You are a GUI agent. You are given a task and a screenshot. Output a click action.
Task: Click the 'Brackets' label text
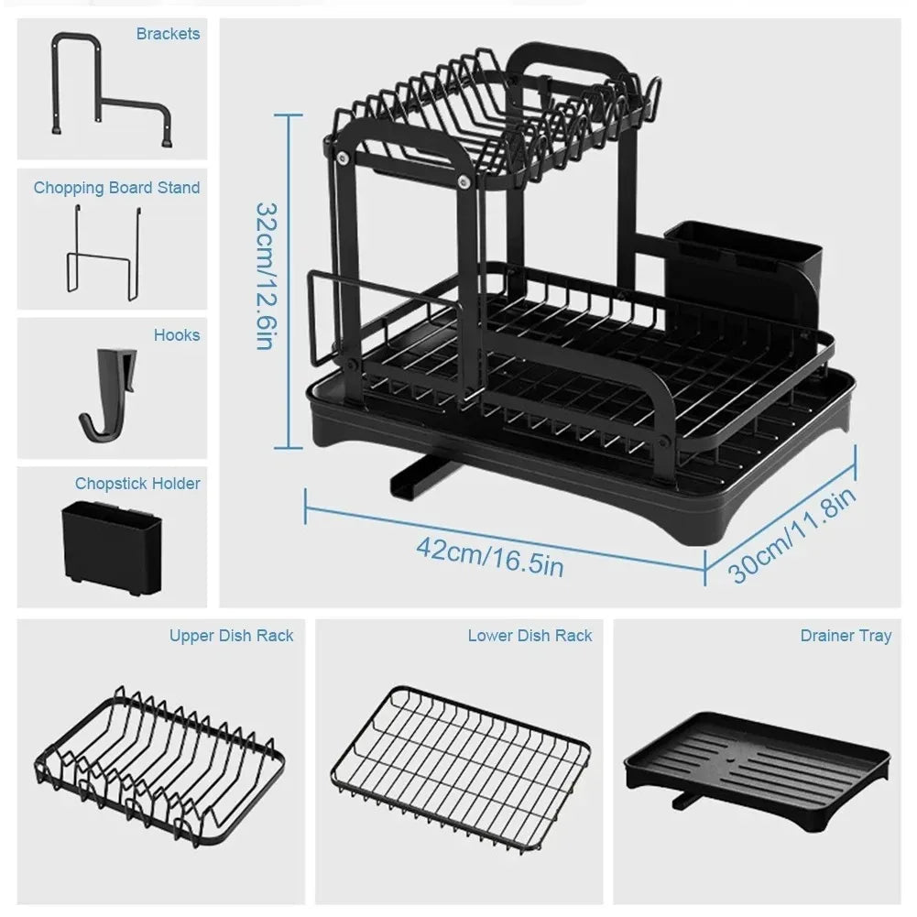click(168, 34)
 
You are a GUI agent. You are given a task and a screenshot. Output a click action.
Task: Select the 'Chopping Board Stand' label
click(116, 188)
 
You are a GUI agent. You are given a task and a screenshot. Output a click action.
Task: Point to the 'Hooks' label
click(176, 335)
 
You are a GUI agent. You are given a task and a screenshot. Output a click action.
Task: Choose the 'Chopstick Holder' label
click(137, 483)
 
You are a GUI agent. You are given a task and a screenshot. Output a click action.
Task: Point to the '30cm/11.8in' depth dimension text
click(793, 535)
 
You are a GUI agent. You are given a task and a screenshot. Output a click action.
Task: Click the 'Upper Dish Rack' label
click(231, 635)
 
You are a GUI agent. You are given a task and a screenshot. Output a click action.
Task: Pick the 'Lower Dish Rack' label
click(529, 635)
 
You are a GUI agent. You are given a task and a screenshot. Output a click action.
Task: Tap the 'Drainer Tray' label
click(845, 635)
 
